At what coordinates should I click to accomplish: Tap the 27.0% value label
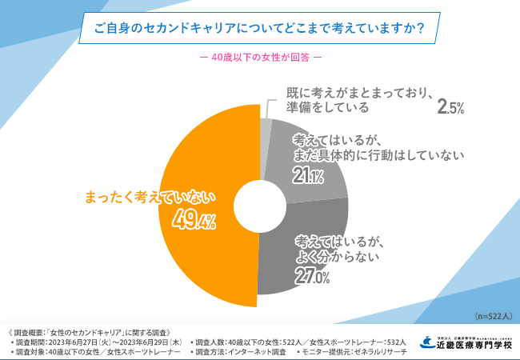(x=313, y=277)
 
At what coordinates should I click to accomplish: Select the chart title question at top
(x=259, y=28)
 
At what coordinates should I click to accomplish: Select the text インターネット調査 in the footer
(x=256, y=351)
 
